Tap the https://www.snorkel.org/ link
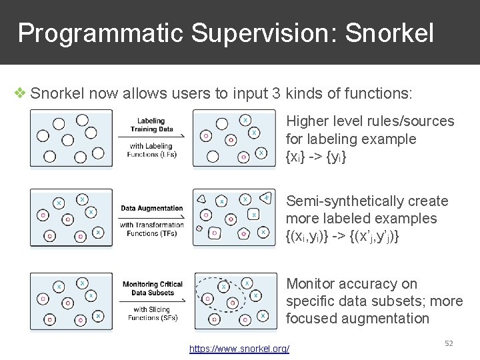tap(239, 349)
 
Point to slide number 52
tap(449, 343)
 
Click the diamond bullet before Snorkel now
tap(21, 93)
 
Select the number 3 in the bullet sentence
tap(276, 93)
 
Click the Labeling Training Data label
tap(152, 125)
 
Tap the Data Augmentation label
tap(152, 209)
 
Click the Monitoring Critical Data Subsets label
tap(152, 289)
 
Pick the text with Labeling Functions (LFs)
tap(152, 151)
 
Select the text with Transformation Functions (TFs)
tap(152, 229)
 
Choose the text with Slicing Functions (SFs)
tap(152, 313)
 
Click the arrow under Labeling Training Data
tap(152, 137)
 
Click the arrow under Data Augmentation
tap(152, 217)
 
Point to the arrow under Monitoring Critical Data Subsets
tap(152, 301)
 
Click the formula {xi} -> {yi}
tap(317, 157)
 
